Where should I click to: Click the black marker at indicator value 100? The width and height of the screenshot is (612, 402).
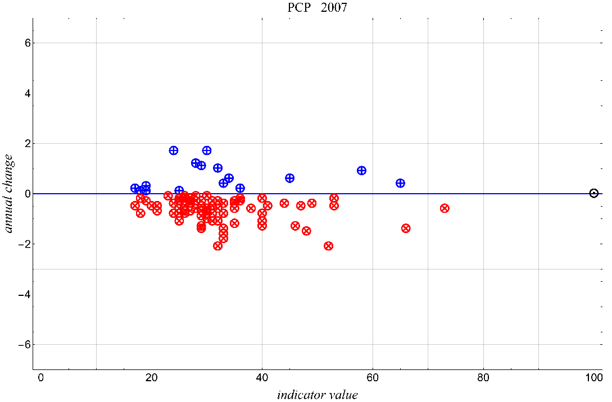(593, 193)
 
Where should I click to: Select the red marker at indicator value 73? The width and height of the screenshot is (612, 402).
(445, 208)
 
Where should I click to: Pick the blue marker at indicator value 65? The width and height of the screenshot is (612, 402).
(400, 183)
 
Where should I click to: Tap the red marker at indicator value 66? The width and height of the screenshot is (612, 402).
(406, 229)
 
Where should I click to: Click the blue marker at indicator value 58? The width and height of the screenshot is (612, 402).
(361, 171)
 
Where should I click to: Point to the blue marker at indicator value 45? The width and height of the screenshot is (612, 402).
(289, 178)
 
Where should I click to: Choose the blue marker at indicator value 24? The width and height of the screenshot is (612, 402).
(174, 150)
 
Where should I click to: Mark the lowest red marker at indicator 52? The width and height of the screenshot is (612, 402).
(328, 246)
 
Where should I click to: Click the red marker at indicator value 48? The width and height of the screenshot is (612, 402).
(306, 231)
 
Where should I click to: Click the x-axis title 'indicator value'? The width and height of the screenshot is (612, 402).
(317, 395)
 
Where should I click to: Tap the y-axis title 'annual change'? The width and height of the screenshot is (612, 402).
(9, 193)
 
